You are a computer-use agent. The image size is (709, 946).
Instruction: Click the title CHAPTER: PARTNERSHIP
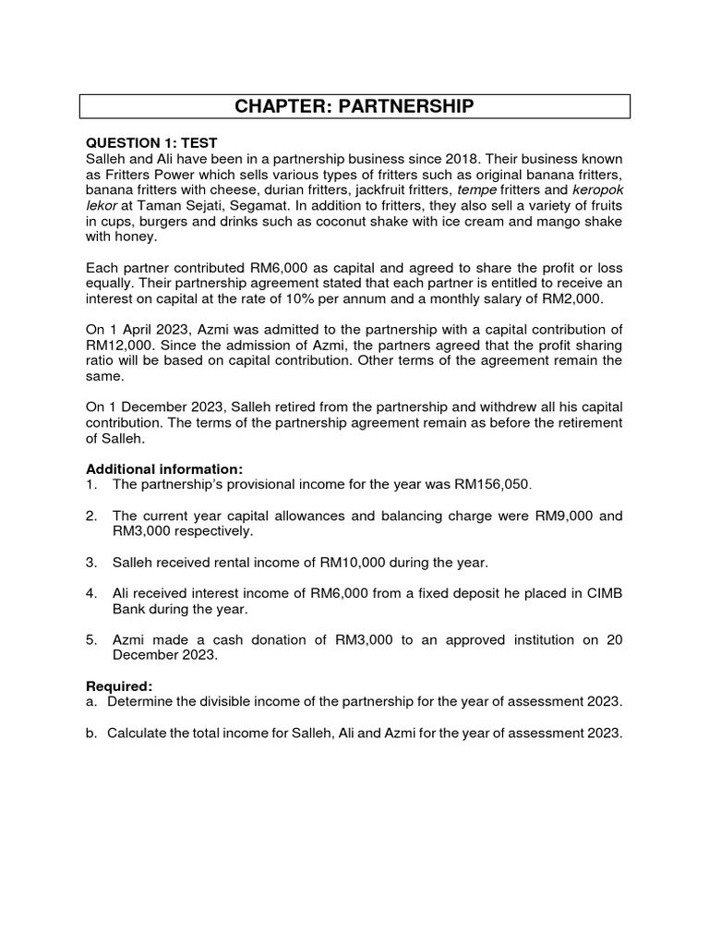click(354, 106)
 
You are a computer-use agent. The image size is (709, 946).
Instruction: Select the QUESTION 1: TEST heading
click(151, 143)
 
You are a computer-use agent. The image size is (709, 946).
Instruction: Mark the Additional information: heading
click(164, 469)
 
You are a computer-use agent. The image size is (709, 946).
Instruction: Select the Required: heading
click(119, 687)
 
